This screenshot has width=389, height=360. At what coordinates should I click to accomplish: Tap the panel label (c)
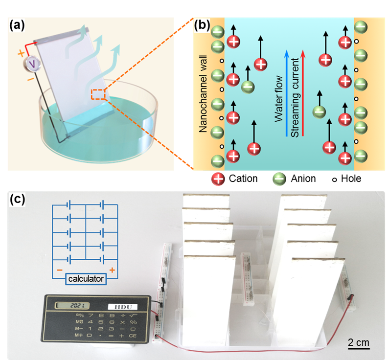(x=19, y=199)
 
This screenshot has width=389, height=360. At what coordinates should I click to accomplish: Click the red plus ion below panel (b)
(x=218, y=180)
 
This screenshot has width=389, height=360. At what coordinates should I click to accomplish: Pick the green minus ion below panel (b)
(x=279, y=180)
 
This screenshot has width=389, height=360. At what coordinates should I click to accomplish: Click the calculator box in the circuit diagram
(x=86, y=279)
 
